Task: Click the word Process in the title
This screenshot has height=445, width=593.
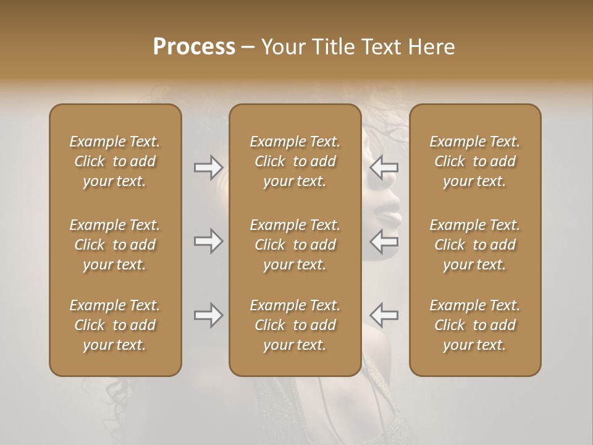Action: (x=194, y=47)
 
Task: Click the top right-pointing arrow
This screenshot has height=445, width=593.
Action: (x=208, y=167)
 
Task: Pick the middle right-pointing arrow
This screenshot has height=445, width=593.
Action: (x=208, y=240)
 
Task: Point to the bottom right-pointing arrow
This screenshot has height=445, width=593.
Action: (x=208, y=315)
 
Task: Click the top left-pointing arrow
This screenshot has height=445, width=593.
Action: (x=384, y=167)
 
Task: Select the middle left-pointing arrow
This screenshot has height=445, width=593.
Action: (x=384, y=240)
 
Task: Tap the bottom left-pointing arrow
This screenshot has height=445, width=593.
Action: (x=384, y=315)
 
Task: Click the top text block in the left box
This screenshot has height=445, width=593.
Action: (x=115, y=161)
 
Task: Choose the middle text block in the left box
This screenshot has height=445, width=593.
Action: (x=115, y=245)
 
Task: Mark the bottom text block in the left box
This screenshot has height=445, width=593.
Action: (x=115, y=325)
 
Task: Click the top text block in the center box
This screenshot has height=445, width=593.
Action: (x=295, y=161)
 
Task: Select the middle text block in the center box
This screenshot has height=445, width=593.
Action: (x=295, y=245)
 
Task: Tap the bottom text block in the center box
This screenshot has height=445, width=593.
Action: (x=295, y=325)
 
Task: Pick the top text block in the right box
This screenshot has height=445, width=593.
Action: (x=474, y=161)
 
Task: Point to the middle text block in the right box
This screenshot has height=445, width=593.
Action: (x=474, y=245)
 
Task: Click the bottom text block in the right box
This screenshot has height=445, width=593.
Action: (x=474, y=325)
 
